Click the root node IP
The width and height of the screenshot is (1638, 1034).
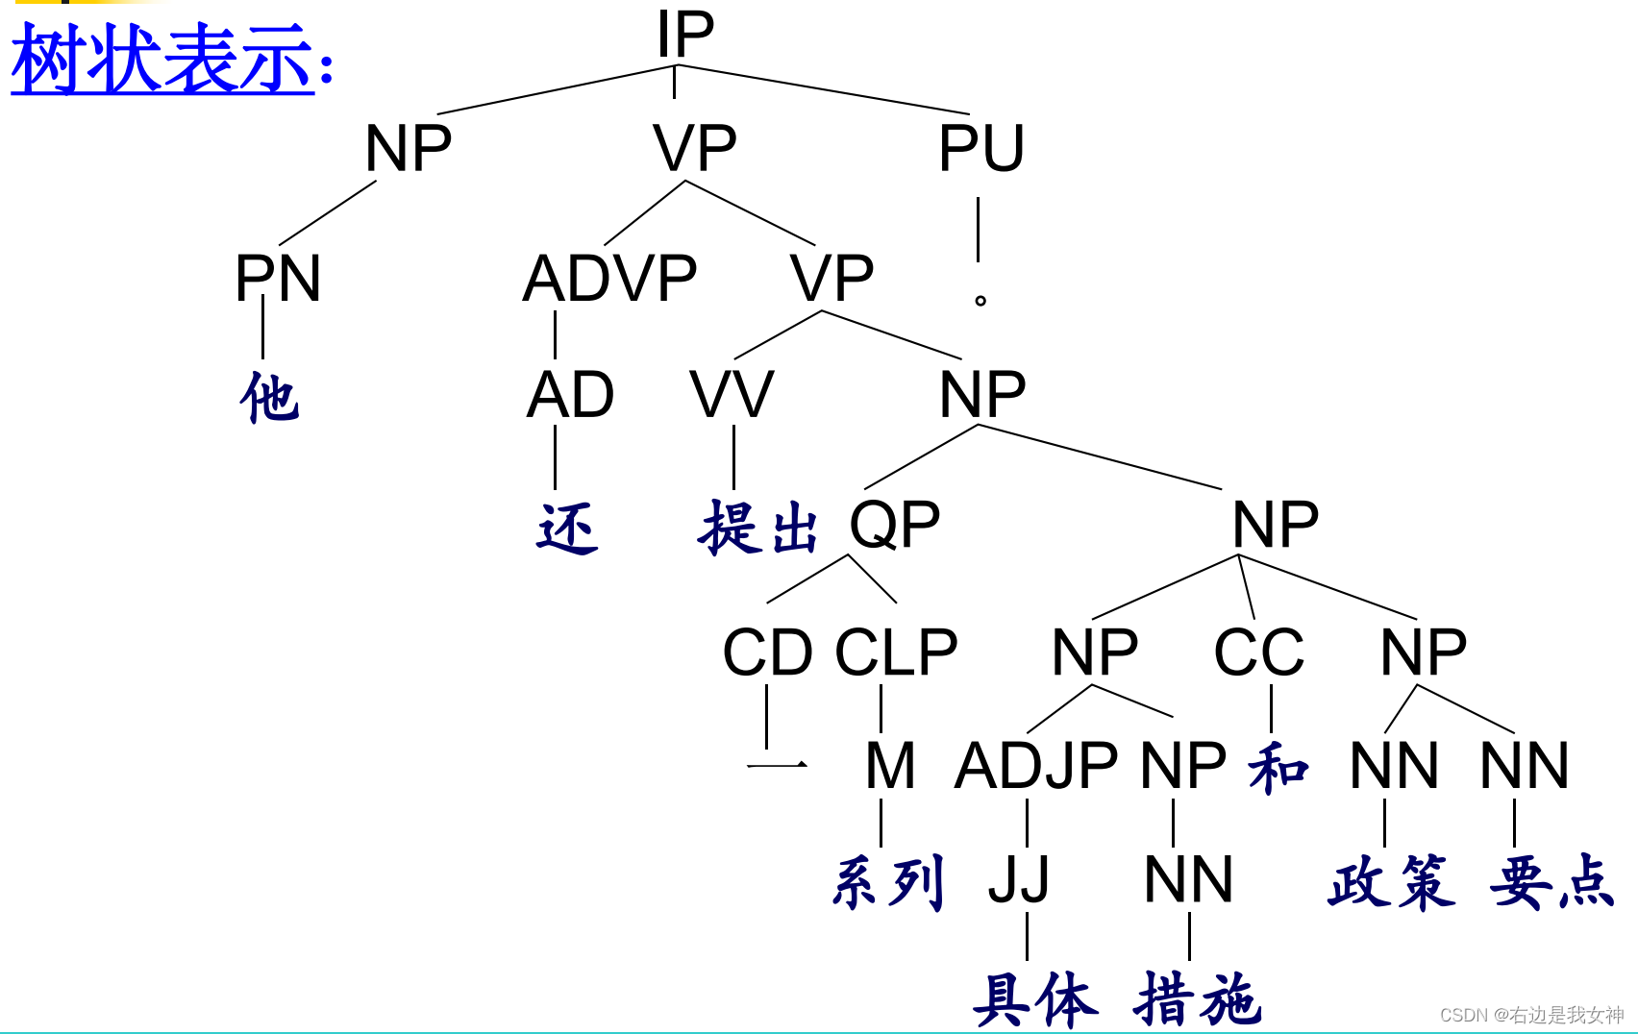[x=684, y=35]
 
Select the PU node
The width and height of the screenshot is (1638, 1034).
[x=980, y=149]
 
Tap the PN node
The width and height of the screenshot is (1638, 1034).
[x=278, y=279]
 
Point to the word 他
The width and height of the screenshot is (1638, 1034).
[x=269, y=398]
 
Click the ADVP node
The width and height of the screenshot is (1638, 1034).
[x=609, y=279]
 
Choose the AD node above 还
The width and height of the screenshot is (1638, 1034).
[x=570, y=395]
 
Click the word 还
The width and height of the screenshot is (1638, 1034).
[x=567, y=529]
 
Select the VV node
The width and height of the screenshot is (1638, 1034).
[x=732, y=395]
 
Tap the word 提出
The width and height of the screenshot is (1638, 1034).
[x=758, y=529]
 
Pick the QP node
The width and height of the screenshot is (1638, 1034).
[x=894, y=525]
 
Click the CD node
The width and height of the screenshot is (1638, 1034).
[x=767, y=652]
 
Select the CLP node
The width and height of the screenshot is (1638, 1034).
[x=896, y=652]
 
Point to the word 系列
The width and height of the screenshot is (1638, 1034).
[x=888, y=882]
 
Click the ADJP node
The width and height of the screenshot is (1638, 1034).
[x=1035, y=766]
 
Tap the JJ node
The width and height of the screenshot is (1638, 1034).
[x=1019, y=879]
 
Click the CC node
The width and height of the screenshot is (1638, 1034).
[x=1258, y=652]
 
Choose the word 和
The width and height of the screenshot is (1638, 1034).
[x=1278, y=769]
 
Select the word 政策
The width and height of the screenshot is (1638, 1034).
[x=1391, y=882]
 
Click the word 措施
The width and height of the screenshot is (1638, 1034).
[x=1197, y=999]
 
